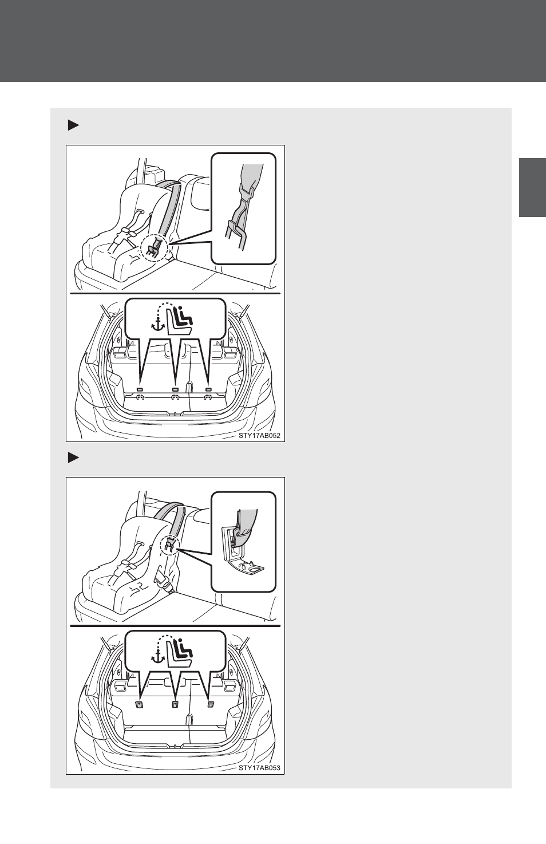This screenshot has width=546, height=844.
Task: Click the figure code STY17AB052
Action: [259, 436]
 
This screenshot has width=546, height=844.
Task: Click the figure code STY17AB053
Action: [259, 768]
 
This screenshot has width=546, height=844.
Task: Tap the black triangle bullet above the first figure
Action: [73, 125]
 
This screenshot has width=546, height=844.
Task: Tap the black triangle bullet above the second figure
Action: [73, 458]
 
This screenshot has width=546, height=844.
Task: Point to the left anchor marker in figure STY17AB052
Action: [140, 389]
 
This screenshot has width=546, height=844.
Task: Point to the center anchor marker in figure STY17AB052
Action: [175, 389]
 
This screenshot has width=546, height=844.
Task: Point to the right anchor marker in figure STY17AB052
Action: [208, 389]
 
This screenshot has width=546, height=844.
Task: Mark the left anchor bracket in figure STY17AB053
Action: [139, 705]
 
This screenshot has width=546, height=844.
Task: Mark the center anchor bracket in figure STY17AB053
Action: [175, 705]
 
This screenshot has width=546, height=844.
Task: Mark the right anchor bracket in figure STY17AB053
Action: [211, 704]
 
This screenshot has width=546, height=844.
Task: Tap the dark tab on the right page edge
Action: [532, 188]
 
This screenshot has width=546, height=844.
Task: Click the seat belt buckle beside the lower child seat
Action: [163, 585]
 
